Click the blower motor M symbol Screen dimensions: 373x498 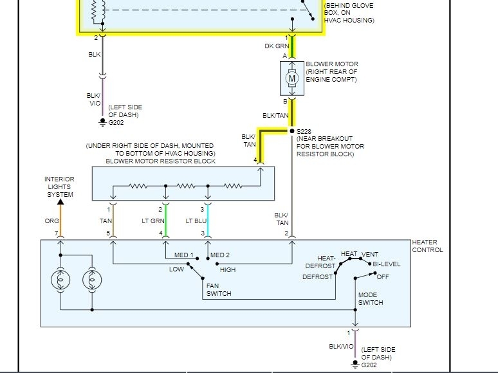(292, 78)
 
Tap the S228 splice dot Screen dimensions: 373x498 (292, 131)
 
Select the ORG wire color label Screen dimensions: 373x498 (51, 221)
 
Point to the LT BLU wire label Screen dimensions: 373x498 (197, 221)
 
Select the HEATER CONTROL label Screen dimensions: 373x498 (427, 246)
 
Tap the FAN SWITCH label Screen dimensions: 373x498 (218, 290)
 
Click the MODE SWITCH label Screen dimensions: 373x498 (371, 298)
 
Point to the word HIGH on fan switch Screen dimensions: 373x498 (227, 269)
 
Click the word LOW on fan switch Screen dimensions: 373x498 (176, 269)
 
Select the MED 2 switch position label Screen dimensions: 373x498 (220, 255)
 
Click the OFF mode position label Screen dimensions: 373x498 (383, 277)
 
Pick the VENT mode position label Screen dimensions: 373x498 (370, 254)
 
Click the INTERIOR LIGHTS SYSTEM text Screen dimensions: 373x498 (59, 186)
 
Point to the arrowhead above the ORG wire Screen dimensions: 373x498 (60, 201)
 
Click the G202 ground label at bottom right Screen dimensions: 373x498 (369, 365)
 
